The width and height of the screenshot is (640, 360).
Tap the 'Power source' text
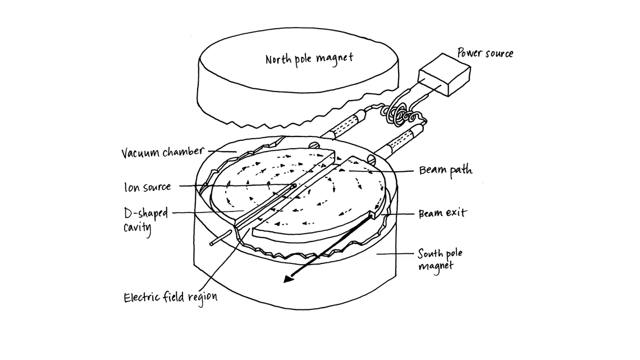[x=485, y=54]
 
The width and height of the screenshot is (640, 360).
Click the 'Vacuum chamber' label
[x=162, y=152]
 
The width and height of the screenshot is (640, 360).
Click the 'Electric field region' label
[x=170, y=297]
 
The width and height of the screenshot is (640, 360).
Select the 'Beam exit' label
[x=442, y=214]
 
